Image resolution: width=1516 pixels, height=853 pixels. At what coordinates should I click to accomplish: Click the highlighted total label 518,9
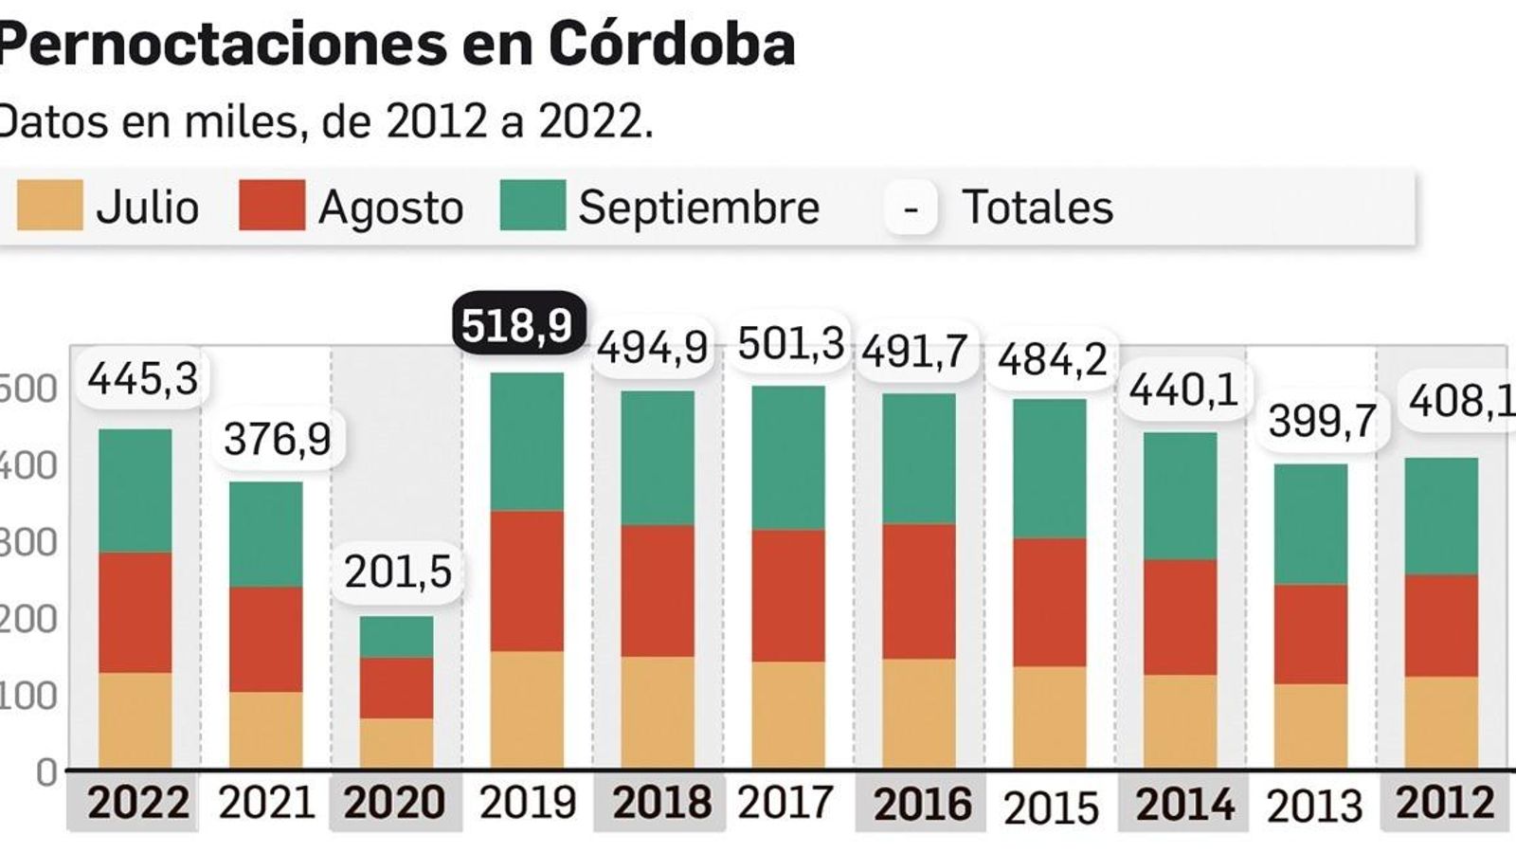pyautogui.click(x=518, y=325)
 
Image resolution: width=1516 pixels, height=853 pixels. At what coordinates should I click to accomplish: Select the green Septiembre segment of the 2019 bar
pyautogui.click(x=527, y=442)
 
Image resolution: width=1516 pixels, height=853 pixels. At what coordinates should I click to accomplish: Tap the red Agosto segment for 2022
pyautogui.click(x=135, y=612)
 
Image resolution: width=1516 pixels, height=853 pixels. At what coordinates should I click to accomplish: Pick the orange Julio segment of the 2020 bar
pyautogui.click(x=397, y=743)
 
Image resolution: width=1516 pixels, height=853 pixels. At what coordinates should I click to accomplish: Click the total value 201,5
pyautogui.click(x=398, y=572)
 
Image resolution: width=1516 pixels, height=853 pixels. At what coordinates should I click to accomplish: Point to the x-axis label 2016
pyautogui.click(x=922, y=804)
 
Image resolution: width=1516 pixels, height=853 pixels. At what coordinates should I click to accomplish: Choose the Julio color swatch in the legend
pyautogui.click(x=49, y=206)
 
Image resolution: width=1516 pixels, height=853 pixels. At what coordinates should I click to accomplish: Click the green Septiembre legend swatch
pyautogui.click(x=532, y=206)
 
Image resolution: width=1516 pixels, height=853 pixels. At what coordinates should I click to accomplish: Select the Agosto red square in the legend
pyautogui.click(x=272, y=206)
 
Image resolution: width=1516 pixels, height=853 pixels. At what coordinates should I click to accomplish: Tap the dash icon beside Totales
pyautogui.click(x=911, y=207)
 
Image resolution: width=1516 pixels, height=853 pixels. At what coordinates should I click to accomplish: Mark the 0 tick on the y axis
pyautogui.click(x=45, y=772)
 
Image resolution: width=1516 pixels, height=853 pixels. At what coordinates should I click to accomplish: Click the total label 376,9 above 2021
pyautogui.click(x=278, y=439)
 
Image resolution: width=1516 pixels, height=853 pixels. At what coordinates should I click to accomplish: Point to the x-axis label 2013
pyautogui.click(x=1314, y=806)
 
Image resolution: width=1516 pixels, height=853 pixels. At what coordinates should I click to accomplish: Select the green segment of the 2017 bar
pyautogui.click(x=788, y=457)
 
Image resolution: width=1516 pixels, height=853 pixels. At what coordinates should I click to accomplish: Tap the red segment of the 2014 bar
pyautogui.click(x=1180, y=617)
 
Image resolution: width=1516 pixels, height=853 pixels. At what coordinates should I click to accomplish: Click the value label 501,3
pyautogui.click(x=790, y=343)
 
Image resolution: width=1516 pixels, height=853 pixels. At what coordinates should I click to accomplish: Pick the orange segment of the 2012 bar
pyautogui.click(x=1441, y=721)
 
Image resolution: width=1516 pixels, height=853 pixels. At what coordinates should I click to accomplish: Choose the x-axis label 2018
pyautogui.click(x=661, y=802)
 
